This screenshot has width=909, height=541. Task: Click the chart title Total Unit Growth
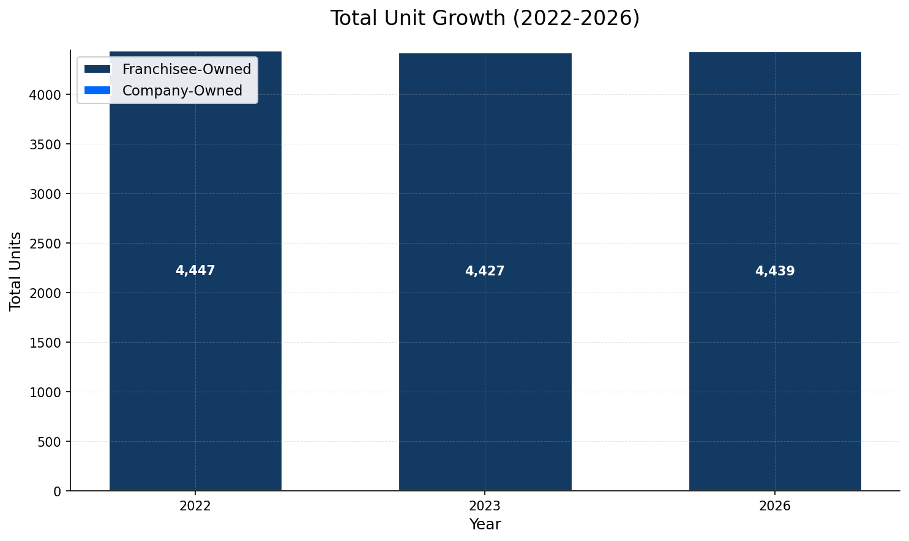tap(485, 18)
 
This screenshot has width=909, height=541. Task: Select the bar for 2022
tap(195, 367)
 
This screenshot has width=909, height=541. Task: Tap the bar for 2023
tap(485, 367)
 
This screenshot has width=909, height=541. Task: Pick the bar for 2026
tap(775, 367)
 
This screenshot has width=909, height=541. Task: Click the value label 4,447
tap(195, 270)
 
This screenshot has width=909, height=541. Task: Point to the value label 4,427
tap(485, 271)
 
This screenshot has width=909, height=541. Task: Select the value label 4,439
tap(775, 271)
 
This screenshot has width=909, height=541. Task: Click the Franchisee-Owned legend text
tap(187, 69)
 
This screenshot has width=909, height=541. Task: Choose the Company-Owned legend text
tap(182, 91)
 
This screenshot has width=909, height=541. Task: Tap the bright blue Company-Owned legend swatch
tap(97, 91)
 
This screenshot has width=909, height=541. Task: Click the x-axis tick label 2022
tap(195, 506)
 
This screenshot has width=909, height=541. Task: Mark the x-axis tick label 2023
tap(485, 506)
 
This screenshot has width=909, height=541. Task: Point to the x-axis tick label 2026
tap(775, 506)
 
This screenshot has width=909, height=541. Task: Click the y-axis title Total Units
tap(16, 271)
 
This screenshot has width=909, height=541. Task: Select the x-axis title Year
tap(485, 524)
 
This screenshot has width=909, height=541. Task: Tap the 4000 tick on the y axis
tap(45, 95)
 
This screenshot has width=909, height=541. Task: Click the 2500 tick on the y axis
tap(45, 244)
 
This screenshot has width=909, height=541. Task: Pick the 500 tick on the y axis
tap(50, 442)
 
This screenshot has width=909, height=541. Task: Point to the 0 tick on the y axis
tap(58, 491)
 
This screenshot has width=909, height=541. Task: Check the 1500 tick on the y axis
tap(45, 343)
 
